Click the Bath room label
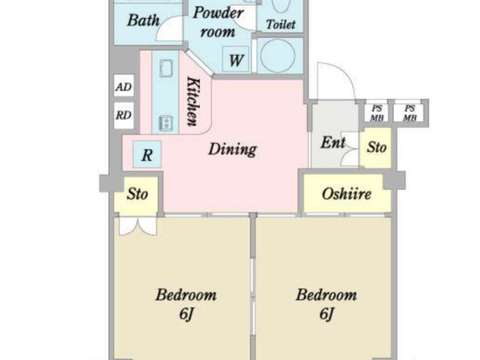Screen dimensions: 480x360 [143, 21]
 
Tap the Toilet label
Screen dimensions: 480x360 [281, 25]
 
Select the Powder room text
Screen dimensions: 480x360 [219, 22]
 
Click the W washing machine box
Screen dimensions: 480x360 [235, 59]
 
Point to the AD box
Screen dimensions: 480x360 [123, 86]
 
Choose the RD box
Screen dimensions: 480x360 [123, 115]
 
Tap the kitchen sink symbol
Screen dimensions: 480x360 [166, 68]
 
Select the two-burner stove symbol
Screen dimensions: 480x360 [165, 123]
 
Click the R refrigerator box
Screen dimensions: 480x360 [147, 155]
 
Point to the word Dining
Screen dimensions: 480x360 [233, 150]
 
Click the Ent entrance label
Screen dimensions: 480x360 [333, 143]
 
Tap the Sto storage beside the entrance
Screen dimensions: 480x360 [376, 148]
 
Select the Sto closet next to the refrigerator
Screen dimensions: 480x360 [136, 194]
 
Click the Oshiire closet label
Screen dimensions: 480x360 [347, 194]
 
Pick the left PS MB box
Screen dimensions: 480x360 [376, 113]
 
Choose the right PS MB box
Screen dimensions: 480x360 [409, 113]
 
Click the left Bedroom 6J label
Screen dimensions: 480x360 [186, 303]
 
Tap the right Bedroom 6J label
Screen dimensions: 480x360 [326, 303]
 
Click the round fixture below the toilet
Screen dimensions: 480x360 [278, 55]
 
